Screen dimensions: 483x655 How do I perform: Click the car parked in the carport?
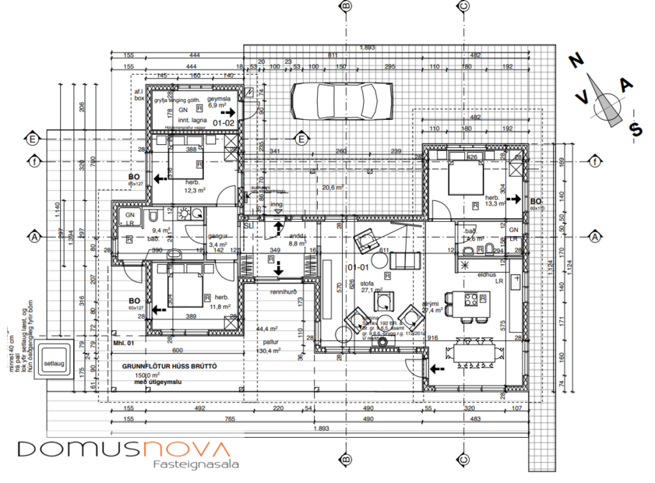340,99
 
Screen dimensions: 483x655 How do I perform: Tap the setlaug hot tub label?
55,363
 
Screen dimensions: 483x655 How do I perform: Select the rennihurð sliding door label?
286,292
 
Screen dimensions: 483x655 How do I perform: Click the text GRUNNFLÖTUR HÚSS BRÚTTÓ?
169,366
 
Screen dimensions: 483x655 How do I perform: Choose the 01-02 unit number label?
224,122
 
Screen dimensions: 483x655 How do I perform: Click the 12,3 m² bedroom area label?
195,189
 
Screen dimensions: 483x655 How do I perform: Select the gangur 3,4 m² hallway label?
217,240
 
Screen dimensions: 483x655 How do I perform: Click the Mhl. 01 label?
125,342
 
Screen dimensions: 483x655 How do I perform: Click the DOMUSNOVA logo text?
123,449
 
